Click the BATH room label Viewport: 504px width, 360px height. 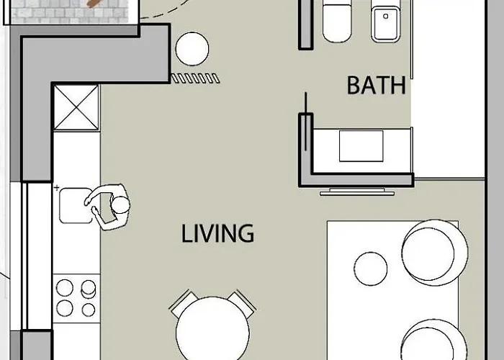point(376,86)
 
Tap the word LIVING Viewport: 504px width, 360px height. point(217,233)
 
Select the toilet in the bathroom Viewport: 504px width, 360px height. point(337,22)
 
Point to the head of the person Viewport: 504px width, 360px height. point(120,206)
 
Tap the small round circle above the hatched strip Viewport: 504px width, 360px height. point(192,49)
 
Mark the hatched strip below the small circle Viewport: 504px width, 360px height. point(194,77)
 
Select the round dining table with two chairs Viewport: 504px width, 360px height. point(212,328)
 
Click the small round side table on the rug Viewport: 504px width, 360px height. point(371,268)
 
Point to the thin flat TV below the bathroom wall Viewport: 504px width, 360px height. point(357,192)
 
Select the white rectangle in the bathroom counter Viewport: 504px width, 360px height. point(361,146)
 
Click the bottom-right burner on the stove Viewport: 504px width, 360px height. point(89,310)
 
